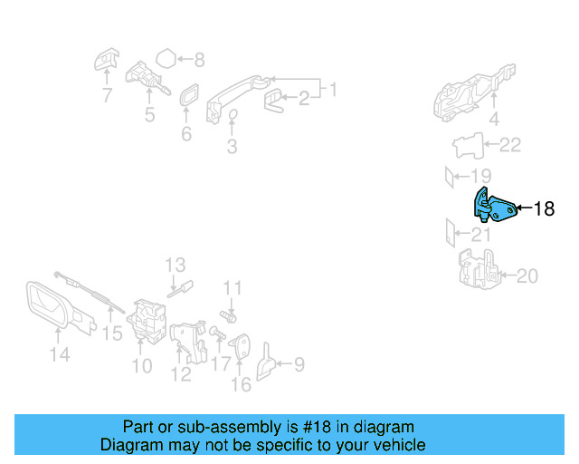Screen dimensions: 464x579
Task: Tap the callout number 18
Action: coord(544,209)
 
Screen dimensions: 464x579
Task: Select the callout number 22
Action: coord(511,144)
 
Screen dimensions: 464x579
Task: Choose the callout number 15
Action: coord(111,334)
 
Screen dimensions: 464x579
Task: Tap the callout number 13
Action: coord(175,266)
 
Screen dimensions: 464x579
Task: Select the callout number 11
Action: coord(233,288)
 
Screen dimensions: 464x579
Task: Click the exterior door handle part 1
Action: coord(240,92)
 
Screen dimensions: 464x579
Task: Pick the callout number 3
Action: coord(232,145)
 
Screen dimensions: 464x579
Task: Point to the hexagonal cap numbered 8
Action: coord(165,60)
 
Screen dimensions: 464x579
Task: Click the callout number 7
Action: coord(107,94)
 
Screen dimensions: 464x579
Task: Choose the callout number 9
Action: coord(298,365)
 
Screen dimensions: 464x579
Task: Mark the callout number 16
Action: coord(241,385)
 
